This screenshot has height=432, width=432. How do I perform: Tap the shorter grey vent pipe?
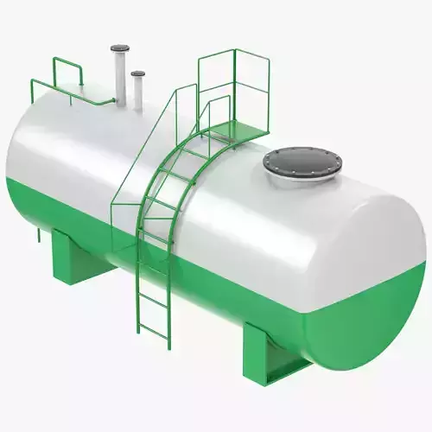137,93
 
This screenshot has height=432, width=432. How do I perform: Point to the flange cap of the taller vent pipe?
119,50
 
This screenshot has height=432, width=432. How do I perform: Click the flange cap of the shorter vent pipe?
137,73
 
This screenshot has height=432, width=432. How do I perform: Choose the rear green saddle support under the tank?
78,257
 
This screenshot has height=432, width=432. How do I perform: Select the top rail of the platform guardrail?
233,53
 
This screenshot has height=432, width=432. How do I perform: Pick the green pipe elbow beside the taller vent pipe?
111,102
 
